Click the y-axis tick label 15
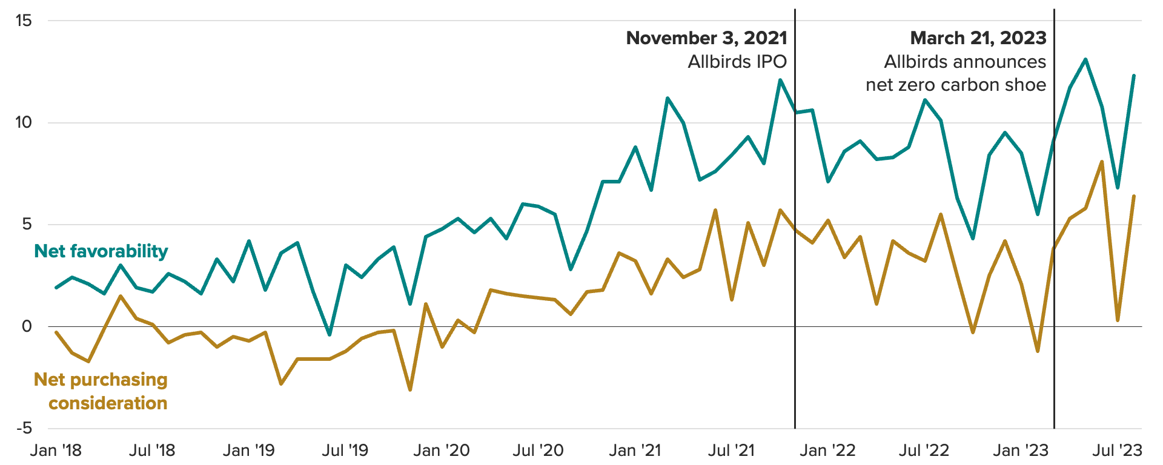click(23, 21)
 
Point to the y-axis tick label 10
click(23, 123)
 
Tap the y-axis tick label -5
click(23, 429)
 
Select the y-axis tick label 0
click(27, 327)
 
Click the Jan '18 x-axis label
click(56, 450)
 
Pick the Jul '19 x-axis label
click(345, 450)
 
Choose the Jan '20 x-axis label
click(442, 450)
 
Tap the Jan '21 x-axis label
click(635, 450)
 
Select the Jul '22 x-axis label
click(924, 450)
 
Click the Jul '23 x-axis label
click(1117, 450)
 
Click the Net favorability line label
click(101, 251)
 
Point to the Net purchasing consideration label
click(101, 391)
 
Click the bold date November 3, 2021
click(706, 38)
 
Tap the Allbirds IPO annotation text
click(737, 62)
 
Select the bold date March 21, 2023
click(978, 38)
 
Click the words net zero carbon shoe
click(956, 85)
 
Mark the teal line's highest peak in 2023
click(1085, 59)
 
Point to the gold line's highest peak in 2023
click(1102, 162)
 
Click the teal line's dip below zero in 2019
click(330, 334)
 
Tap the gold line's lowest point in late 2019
click(410, 389)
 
